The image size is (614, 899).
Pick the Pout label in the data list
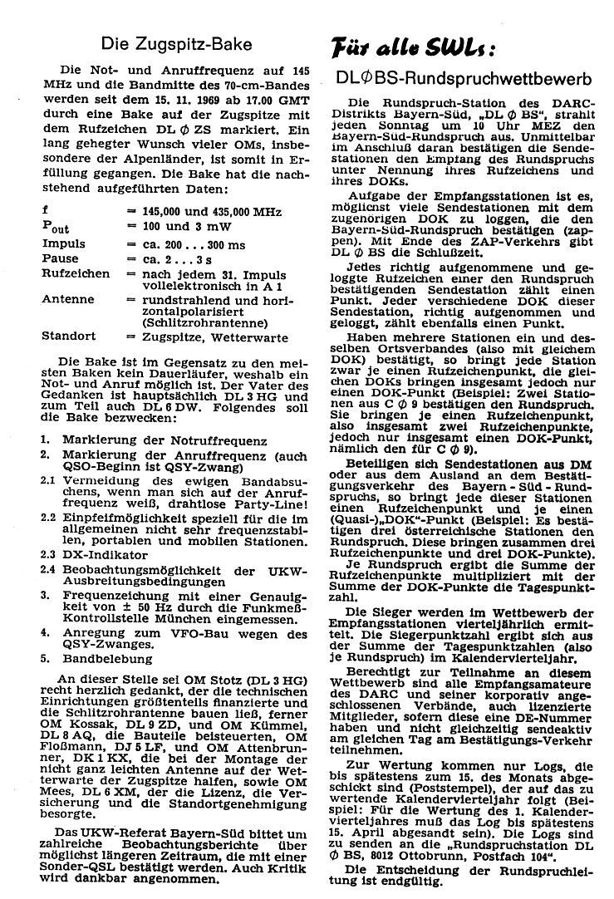tap(56, 227)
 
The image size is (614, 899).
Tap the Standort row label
tap(69, 337)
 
